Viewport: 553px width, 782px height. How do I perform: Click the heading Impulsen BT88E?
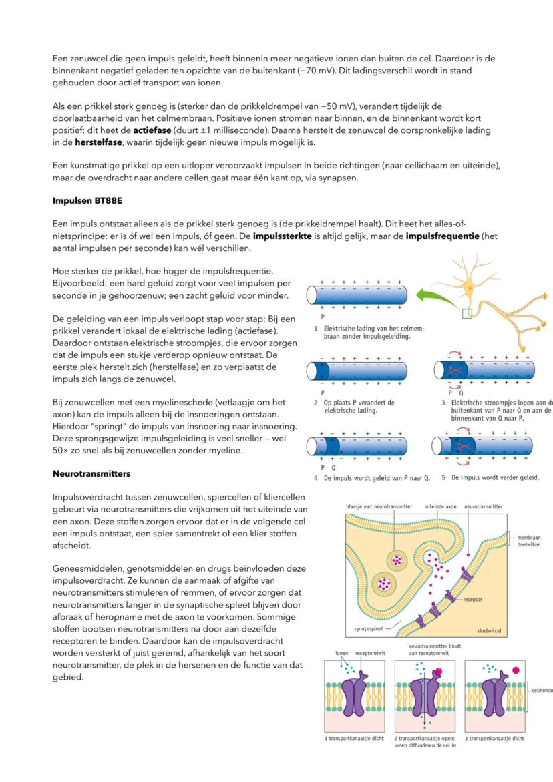tap(82, 200)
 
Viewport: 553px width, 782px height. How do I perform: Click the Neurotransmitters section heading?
tap(91, 473)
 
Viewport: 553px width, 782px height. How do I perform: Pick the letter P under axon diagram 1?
tap(323, 317)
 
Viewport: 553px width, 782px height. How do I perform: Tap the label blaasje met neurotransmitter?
tap(379, 507)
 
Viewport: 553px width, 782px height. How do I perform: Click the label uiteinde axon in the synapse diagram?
tap(439, 507)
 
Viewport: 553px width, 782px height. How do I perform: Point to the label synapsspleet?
tap(369, 629)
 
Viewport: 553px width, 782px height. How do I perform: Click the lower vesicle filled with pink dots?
tap(384, 584)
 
